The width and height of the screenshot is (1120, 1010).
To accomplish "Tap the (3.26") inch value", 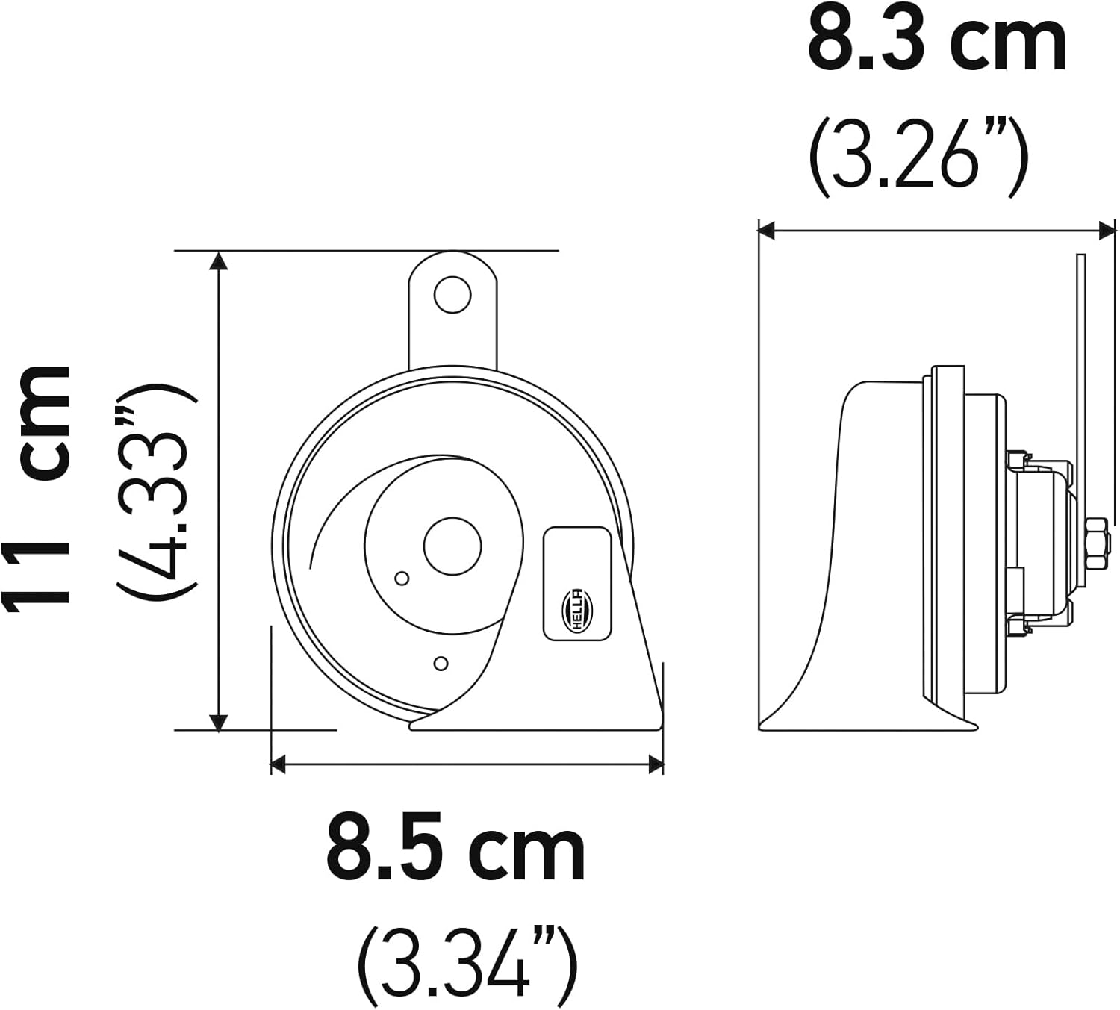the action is click(x=918, y=158).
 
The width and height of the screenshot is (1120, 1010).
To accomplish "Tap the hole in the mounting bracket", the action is click(x=452, y=294).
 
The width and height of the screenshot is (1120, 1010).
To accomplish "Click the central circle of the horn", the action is click(x=452, y=546).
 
